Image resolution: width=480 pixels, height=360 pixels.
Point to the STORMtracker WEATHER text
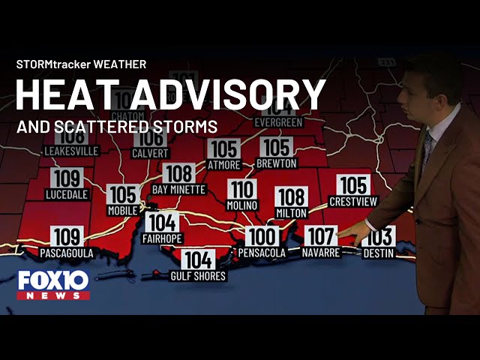[81, 64]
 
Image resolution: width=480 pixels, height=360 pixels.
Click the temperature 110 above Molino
[242, 189]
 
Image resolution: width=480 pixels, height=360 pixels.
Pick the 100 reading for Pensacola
[262, 237]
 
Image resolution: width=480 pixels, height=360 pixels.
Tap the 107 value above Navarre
[321, 237]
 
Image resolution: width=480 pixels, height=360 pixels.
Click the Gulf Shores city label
[198, 276]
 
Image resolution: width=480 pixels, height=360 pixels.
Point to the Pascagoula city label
[67, 253]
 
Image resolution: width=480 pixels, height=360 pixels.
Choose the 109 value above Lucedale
[67, 178]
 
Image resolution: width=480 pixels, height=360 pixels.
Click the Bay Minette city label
[178, 190]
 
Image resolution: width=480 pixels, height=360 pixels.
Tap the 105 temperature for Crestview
[353, 185]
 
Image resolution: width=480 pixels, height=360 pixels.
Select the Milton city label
[292, 213]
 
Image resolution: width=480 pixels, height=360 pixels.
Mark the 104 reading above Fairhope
[162, 223]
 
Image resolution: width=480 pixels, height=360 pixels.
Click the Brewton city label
[277, 163]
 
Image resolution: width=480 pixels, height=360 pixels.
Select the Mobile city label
[123, 211]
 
